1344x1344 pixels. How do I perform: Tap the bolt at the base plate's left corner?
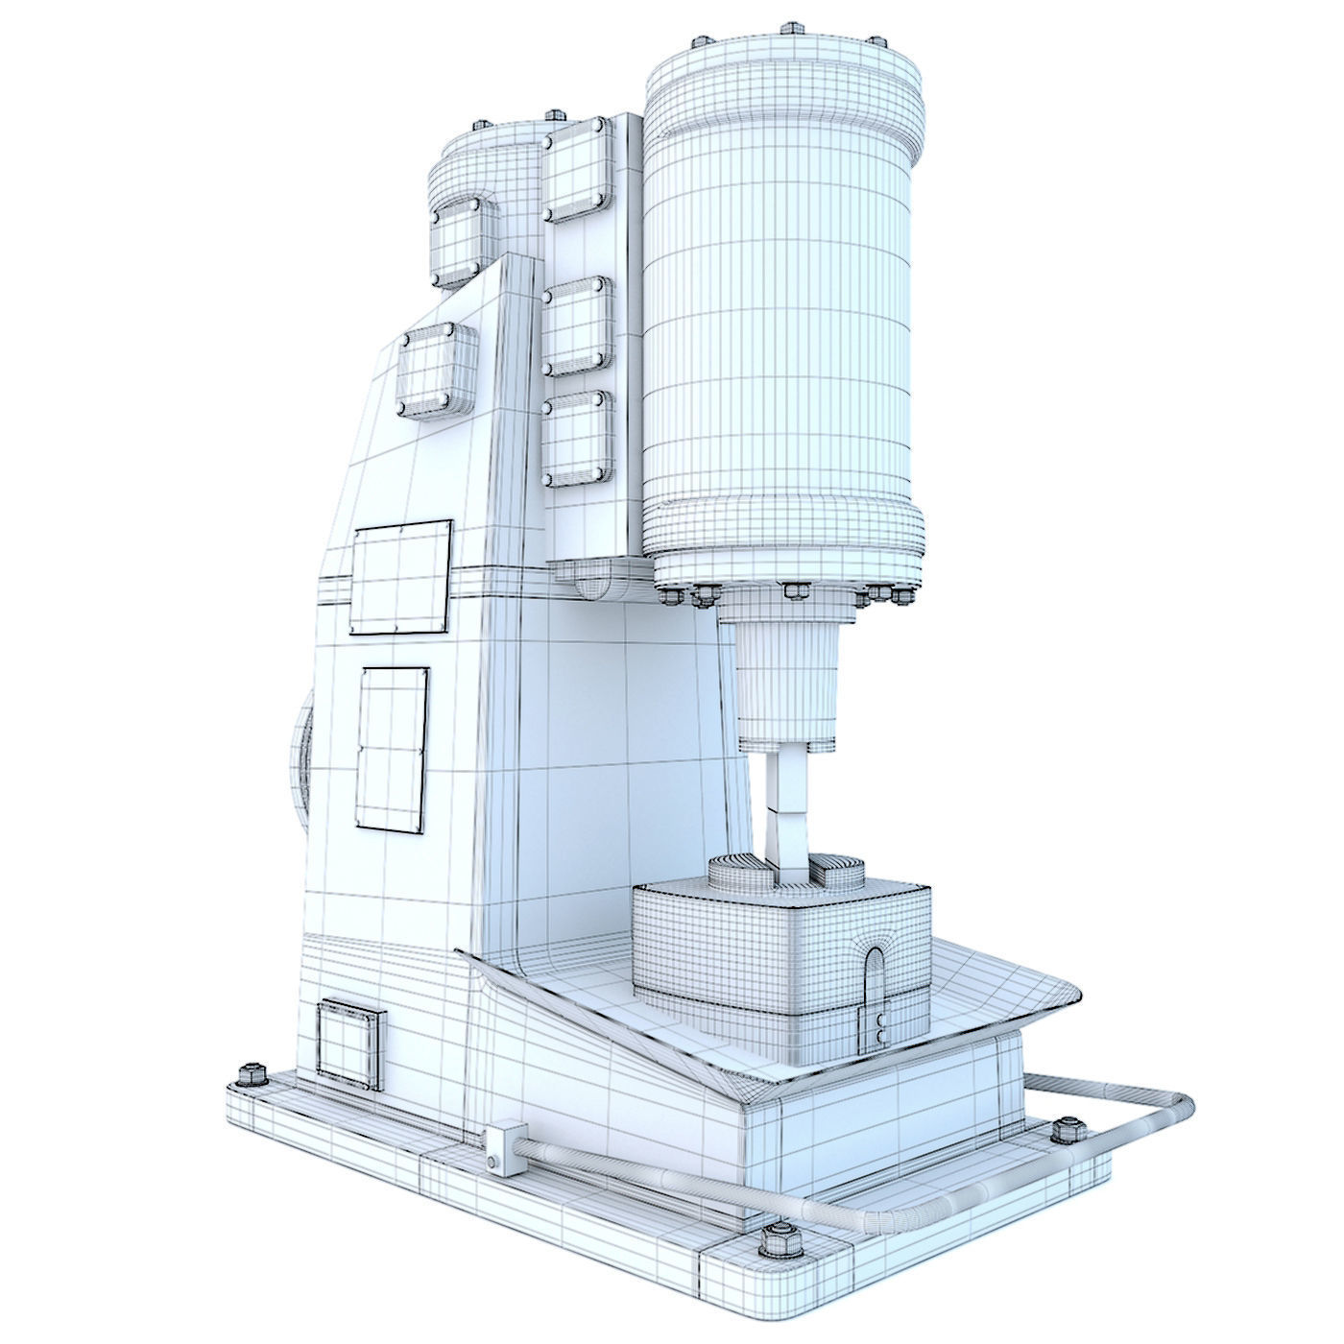[x=254, y=1072]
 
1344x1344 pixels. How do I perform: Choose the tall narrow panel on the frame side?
[x=392, y=749]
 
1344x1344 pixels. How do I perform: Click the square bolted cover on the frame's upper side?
[x=438, y=370]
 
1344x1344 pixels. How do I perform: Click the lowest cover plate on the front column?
[x=577, y=440]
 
